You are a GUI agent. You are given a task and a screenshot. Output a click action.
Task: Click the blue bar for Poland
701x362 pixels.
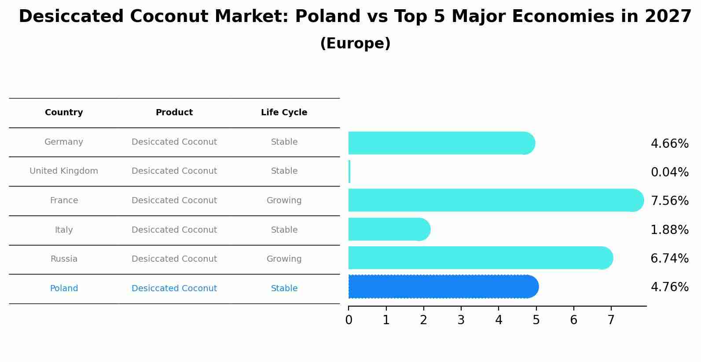442,287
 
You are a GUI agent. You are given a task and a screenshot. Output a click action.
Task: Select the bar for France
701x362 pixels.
495,200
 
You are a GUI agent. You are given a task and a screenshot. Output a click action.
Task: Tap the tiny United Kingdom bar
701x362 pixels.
349,172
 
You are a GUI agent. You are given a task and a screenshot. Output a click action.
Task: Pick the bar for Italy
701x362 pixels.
389,229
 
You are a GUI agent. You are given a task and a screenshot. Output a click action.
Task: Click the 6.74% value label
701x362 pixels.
669,258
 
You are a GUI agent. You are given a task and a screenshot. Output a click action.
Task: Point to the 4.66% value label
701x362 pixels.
669,144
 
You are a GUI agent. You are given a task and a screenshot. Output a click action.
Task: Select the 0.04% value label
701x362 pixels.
669,172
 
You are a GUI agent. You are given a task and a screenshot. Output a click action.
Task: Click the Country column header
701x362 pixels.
64,113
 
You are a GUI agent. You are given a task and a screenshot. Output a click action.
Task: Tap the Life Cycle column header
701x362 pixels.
284,113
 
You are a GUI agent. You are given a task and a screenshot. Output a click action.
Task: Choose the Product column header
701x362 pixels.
174,113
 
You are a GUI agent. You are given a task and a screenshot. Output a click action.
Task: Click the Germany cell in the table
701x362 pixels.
64,142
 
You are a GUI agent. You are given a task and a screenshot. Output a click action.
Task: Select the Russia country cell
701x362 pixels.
64,259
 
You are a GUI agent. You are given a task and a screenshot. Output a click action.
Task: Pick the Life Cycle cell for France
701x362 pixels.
284,201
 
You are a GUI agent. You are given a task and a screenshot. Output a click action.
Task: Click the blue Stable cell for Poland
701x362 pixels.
284,289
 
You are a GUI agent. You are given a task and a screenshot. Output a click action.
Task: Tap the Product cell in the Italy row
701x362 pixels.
174,230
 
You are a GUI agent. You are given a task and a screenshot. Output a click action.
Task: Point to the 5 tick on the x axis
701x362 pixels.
536,320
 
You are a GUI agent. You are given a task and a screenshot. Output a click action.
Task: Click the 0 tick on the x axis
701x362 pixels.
349,320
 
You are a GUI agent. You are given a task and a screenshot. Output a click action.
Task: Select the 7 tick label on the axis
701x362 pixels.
611,320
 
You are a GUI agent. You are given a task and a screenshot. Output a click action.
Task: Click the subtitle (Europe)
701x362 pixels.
355,44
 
